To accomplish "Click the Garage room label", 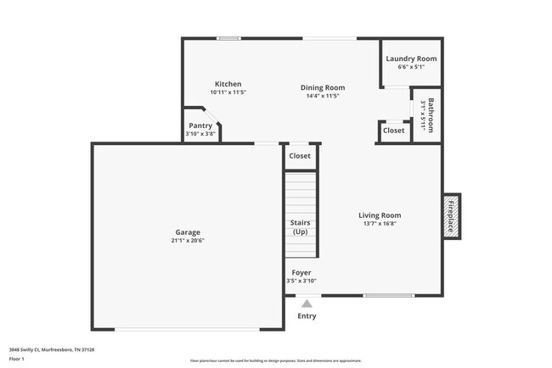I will point(188,231).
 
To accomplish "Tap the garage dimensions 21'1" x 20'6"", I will point(188,241).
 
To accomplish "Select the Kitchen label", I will point(228,84).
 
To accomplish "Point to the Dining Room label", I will point(323,87).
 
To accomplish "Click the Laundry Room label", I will point(411,59).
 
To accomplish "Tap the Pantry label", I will point(200,125).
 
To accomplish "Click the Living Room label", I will point(379,215).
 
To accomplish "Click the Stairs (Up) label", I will point(300,227).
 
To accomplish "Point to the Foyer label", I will point(300,272).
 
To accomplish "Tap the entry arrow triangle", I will point(307,303).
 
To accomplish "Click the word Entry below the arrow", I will point(307,316).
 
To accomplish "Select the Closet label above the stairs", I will point(300,156).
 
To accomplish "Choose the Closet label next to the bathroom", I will point(393,131).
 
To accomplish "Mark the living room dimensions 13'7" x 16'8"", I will point(379,224).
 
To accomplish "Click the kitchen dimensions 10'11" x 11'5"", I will point(228,92).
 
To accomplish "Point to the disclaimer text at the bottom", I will point(275,360).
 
